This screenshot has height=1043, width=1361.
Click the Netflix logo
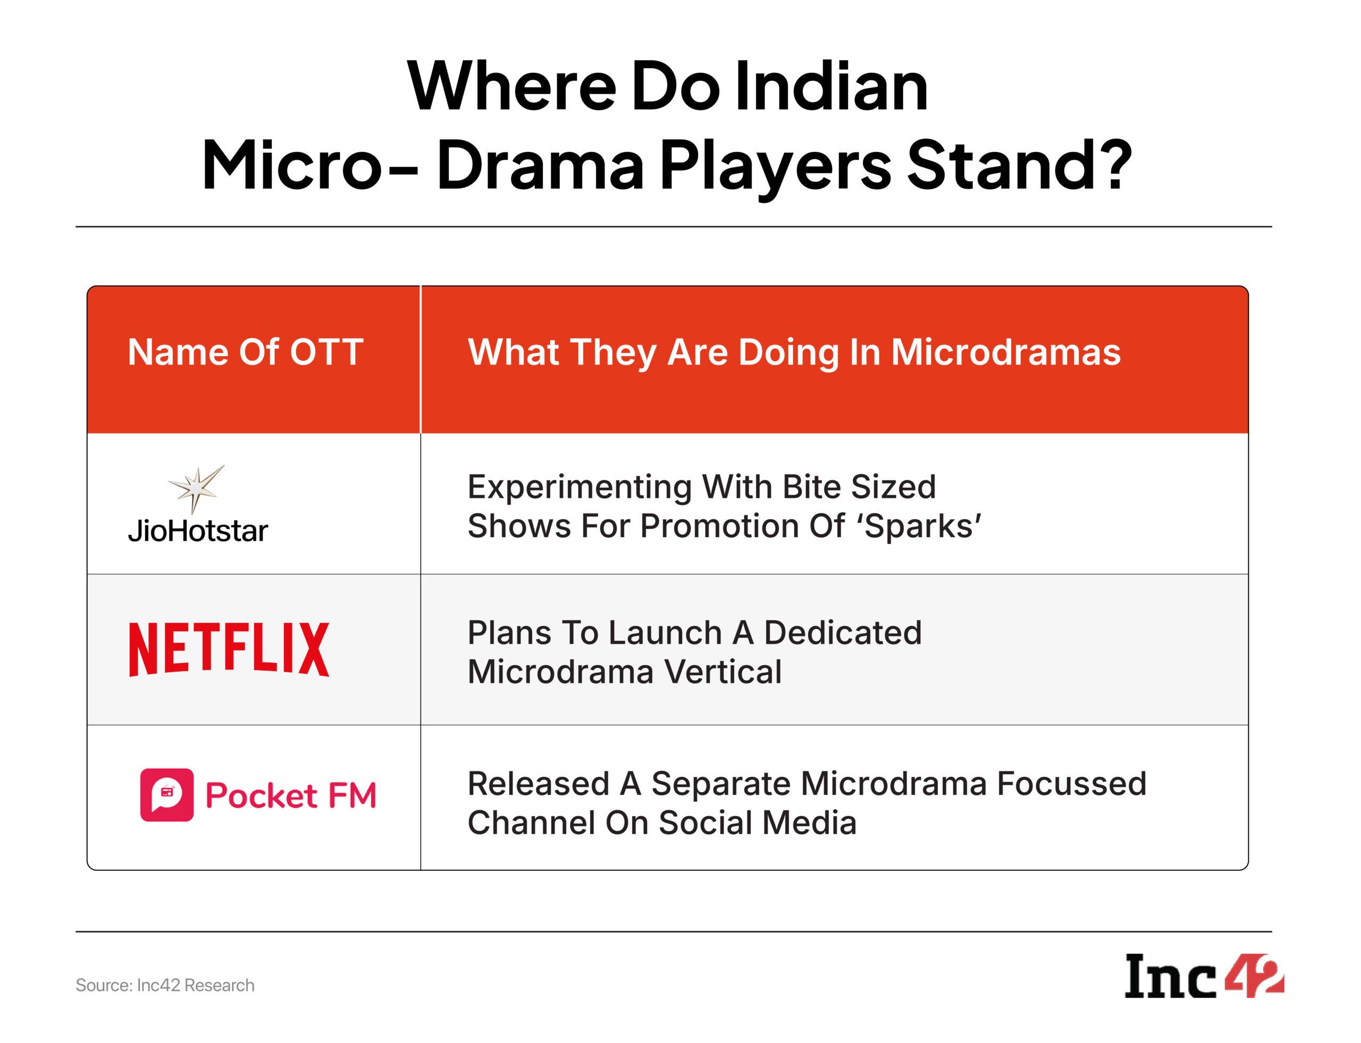(x=229, y=649)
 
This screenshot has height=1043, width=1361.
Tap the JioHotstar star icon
(x=196, y=490)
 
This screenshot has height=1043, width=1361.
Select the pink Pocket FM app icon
(x=166, y=795)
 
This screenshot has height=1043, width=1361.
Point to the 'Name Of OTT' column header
(x=246, y=352)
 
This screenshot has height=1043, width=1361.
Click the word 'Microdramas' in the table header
(x=1006, y=353)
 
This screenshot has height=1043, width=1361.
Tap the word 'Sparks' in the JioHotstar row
(x=922, y=527)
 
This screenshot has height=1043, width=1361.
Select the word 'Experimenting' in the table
(x=579, y=487)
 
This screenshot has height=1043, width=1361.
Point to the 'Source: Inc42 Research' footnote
(x=165, y=985)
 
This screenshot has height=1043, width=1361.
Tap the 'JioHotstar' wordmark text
(x=198, y=531)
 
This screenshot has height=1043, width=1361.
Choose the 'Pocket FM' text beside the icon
(x=291, y=796)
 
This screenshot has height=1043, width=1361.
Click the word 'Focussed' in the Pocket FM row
(x=1072, y=784)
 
